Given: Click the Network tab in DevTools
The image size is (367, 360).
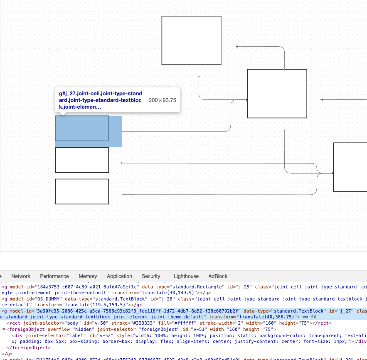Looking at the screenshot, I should pos(21,276).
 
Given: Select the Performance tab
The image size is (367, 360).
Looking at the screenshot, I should pos(54,276).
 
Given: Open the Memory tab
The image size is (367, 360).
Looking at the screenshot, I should pos(88,276).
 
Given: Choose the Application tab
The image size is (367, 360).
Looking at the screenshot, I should pos(119,276).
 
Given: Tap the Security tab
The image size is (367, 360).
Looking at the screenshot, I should pos(151,276).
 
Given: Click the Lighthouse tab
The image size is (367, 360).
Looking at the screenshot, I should pos(186,276).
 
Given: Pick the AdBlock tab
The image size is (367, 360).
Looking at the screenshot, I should pos(218,276).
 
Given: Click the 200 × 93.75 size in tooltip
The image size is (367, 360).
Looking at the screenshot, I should pos(162,100).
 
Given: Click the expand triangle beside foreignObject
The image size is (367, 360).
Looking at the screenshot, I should pos(4,329).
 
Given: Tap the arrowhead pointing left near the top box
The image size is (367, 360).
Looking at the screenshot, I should pos(237,47).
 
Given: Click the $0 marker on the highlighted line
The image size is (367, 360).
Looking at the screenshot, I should pos(314,317).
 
